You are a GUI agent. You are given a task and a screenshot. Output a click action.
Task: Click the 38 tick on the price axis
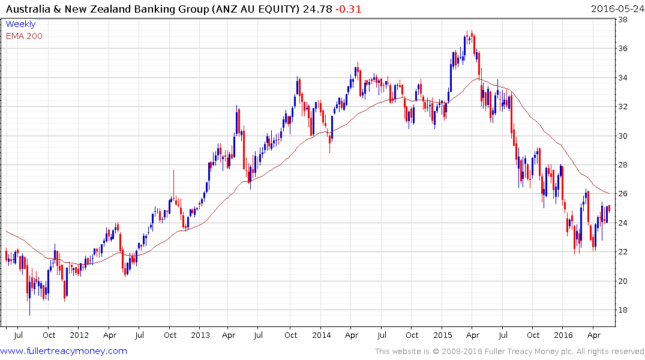click(x=623, y=19)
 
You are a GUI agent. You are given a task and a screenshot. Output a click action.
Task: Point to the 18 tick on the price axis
click(x=623, y=310)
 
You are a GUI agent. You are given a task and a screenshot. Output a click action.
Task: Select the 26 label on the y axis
click(x=623, y=194)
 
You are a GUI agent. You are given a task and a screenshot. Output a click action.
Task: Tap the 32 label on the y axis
click(x=623, y=107)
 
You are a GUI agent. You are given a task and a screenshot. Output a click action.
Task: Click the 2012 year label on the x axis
click(x=79, y=334)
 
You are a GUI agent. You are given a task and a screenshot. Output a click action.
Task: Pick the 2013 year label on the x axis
click(x=200, y=334)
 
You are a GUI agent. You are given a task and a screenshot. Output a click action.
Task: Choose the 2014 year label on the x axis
click(x=321, y=334)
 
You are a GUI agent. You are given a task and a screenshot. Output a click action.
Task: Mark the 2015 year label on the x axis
click(x=442, y=334)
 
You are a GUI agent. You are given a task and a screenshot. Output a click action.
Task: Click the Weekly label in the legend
click(x=20, y=24)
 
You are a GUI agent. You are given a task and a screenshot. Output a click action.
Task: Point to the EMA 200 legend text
click(x=24, y=36)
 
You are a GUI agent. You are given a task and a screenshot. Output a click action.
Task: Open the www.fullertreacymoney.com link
click(x=64, y=351)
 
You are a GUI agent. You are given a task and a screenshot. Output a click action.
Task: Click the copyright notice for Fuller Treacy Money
click(x=509, y=352)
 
